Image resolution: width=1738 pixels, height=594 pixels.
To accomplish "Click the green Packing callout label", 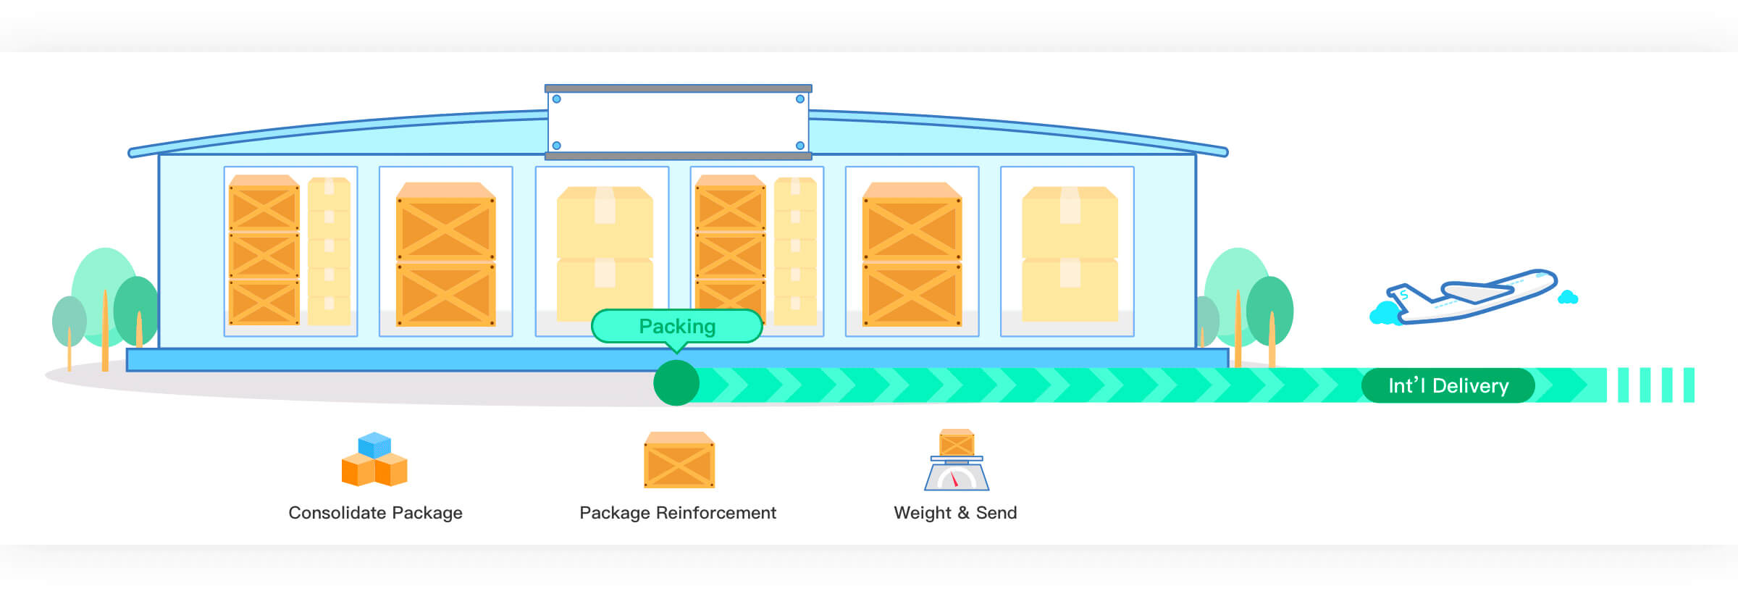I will tap(677, 326).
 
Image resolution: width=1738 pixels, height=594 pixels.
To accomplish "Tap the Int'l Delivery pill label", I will tap(1448, 385).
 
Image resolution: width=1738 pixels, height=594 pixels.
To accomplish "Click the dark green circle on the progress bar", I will tap(676, 383).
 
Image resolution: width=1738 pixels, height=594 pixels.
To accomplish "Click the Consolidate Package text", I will tap(375, 513).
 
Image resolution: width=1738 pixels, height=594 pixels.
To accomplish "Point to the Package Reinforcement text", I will tap(678, 513).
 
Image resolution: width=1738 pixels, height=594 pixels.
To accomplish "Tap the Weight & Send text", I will tap(955, 513).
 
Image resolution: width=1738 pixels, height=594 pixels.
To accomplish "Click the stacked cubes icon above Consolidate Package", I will tap(374, 460).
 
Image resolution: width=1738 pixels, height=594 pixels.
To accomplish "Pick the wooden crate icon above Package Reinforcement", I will tap(679, 461).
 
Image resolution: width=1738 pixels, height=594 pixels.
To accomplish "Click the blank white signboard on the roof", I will tap(678, 122).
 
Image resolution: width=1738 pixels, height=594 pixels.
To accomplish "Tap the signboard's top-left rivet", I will tap(557, 99).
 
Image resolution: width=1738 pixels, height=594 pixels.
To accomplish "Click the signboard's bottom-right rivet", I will tap(800, 146).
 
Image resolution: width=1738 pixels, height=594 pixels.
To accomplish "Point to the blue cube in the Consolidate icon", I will tap(374, 444).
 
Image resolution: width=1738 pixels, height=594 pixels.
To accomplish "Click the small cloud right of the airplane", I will tap(1568, 297).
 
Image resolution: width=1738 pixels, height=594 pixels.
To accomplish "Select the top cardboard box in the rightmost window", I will tap(1070, 222).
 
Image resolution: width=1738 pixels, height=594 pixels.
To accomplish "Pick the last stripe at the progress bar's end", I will tap(1689, 385).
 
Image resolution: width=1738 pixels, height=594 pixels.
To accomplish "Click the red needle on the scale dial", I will tap(954, 480).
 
